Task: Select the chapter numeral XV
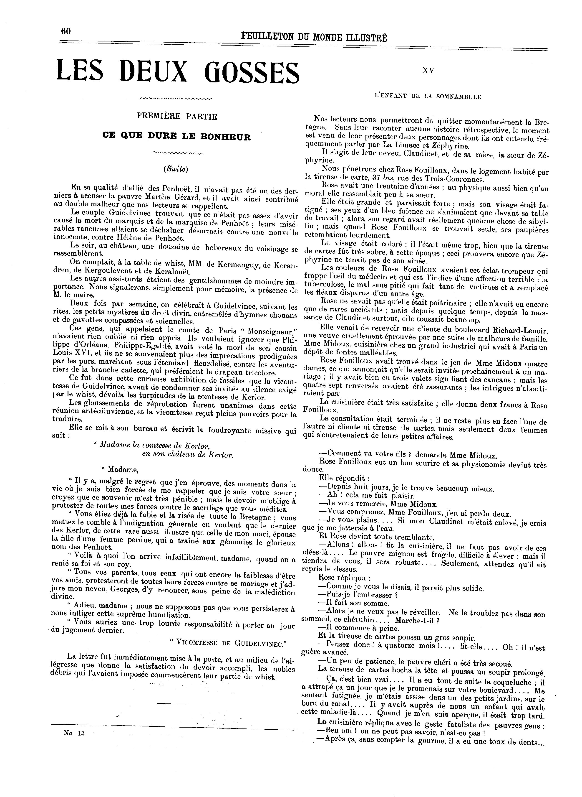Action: point(428,70)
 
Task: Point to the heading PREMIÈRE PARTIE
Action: point(177,116)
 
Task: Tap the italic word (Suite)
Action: point(176,169)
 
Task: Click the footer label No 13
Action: point(74,733)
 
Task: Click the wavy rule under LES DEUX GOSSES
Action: point(176,98)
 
